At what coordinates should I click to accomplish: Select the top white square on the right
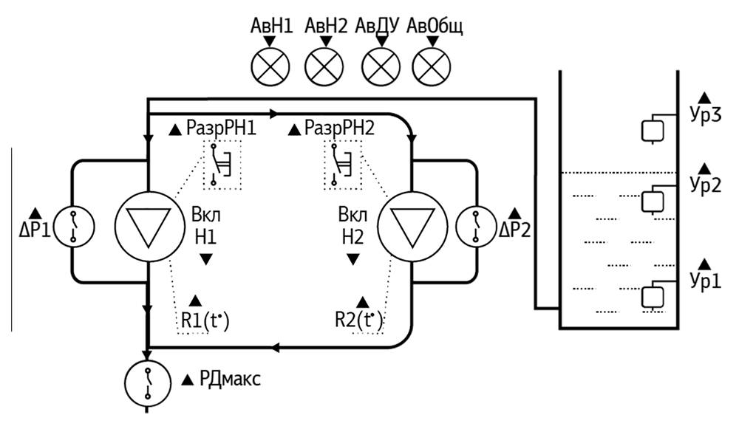pos(653,131)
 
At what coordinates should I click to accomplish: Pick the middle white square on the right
pos(653,202)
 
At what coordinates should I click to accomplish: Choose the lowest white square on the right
pos(653,297)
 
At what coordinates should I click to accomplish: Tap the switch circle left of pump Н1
pos(74,226)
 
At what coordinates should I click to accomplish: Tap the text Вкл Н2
pos(353,226)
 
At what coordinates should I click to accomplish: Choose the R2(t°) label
pos(360,321)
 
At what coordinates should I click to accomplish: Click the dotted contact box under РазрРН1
pos(222,165)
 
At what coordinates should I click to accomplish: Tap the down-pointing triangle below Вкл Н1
pos(206,259)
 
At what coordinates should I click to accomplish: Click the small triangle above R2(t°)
pos(363,301)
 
